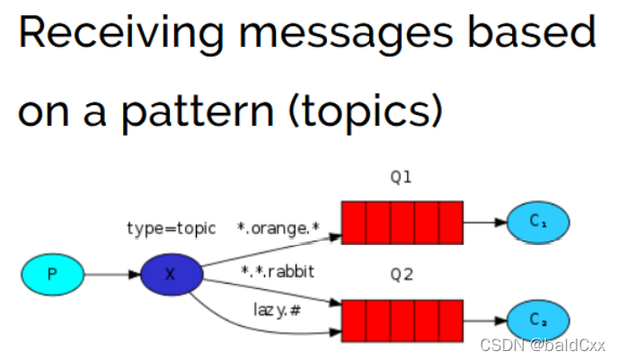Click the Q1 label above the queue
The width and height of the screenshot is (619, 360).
click(401, 177)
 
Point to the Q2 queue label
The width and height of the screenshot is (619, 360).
click(401, 276)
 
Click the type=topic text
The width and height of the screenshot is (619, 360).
click(171, 228)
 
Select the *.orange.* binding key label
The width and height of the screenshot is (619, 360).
click(279, 228)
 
